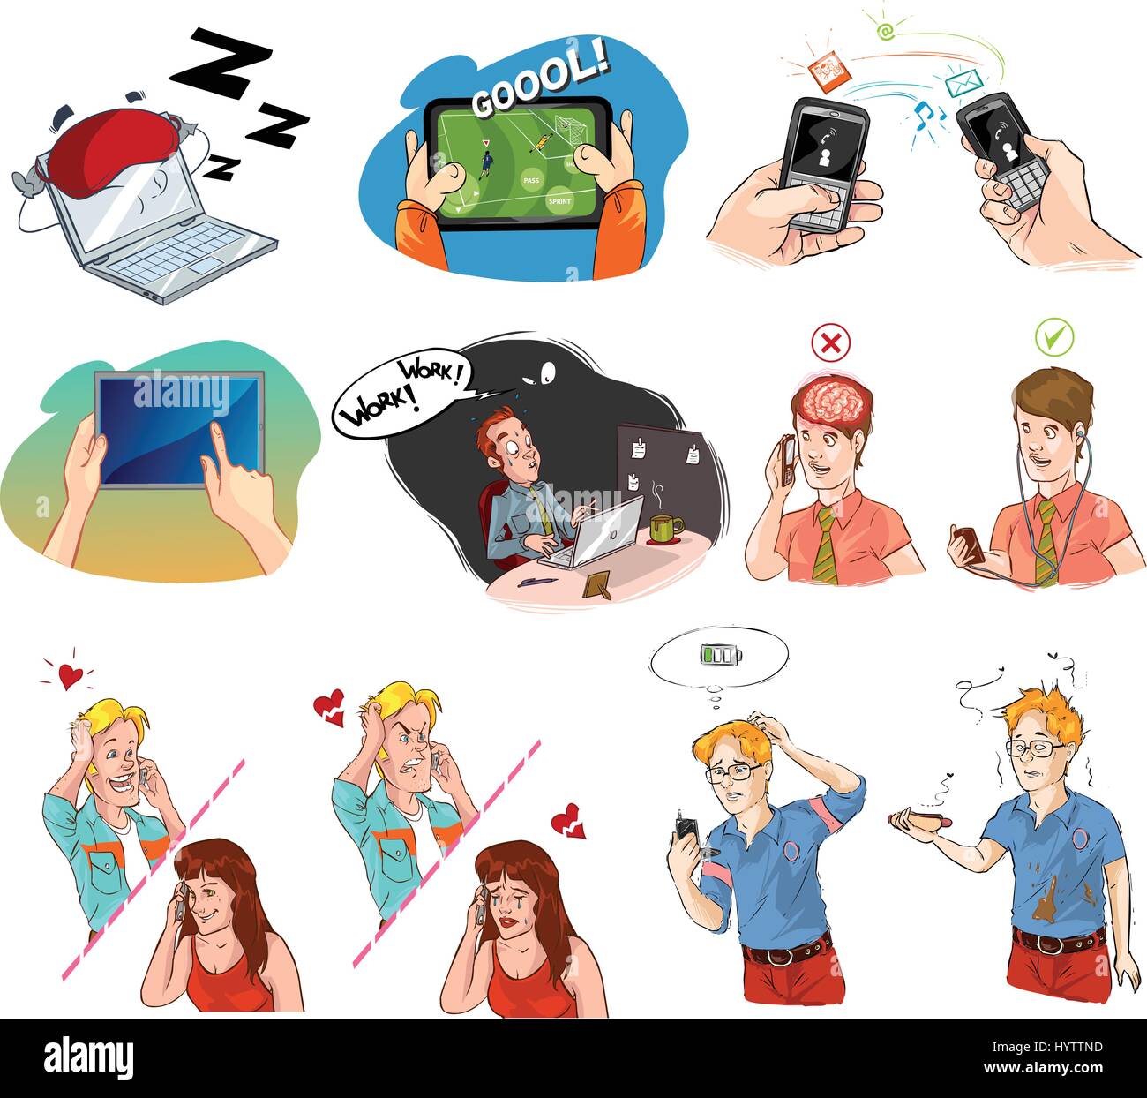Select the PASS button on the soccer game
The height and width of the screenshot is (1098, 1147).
tap(531, 180)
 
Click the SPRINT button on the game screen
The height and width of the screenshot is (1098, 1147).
tap(559, 201)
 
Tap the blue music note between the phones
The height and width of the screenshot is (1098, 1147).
tap(924, 112)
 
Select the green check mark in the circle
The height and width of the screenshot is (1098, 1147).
tap(1053, 338)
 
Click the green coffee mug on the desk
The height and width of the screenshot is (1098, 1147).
tap(663, 528)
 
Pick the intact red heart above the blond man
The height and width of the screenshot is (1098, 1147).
tap(70, 675)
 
